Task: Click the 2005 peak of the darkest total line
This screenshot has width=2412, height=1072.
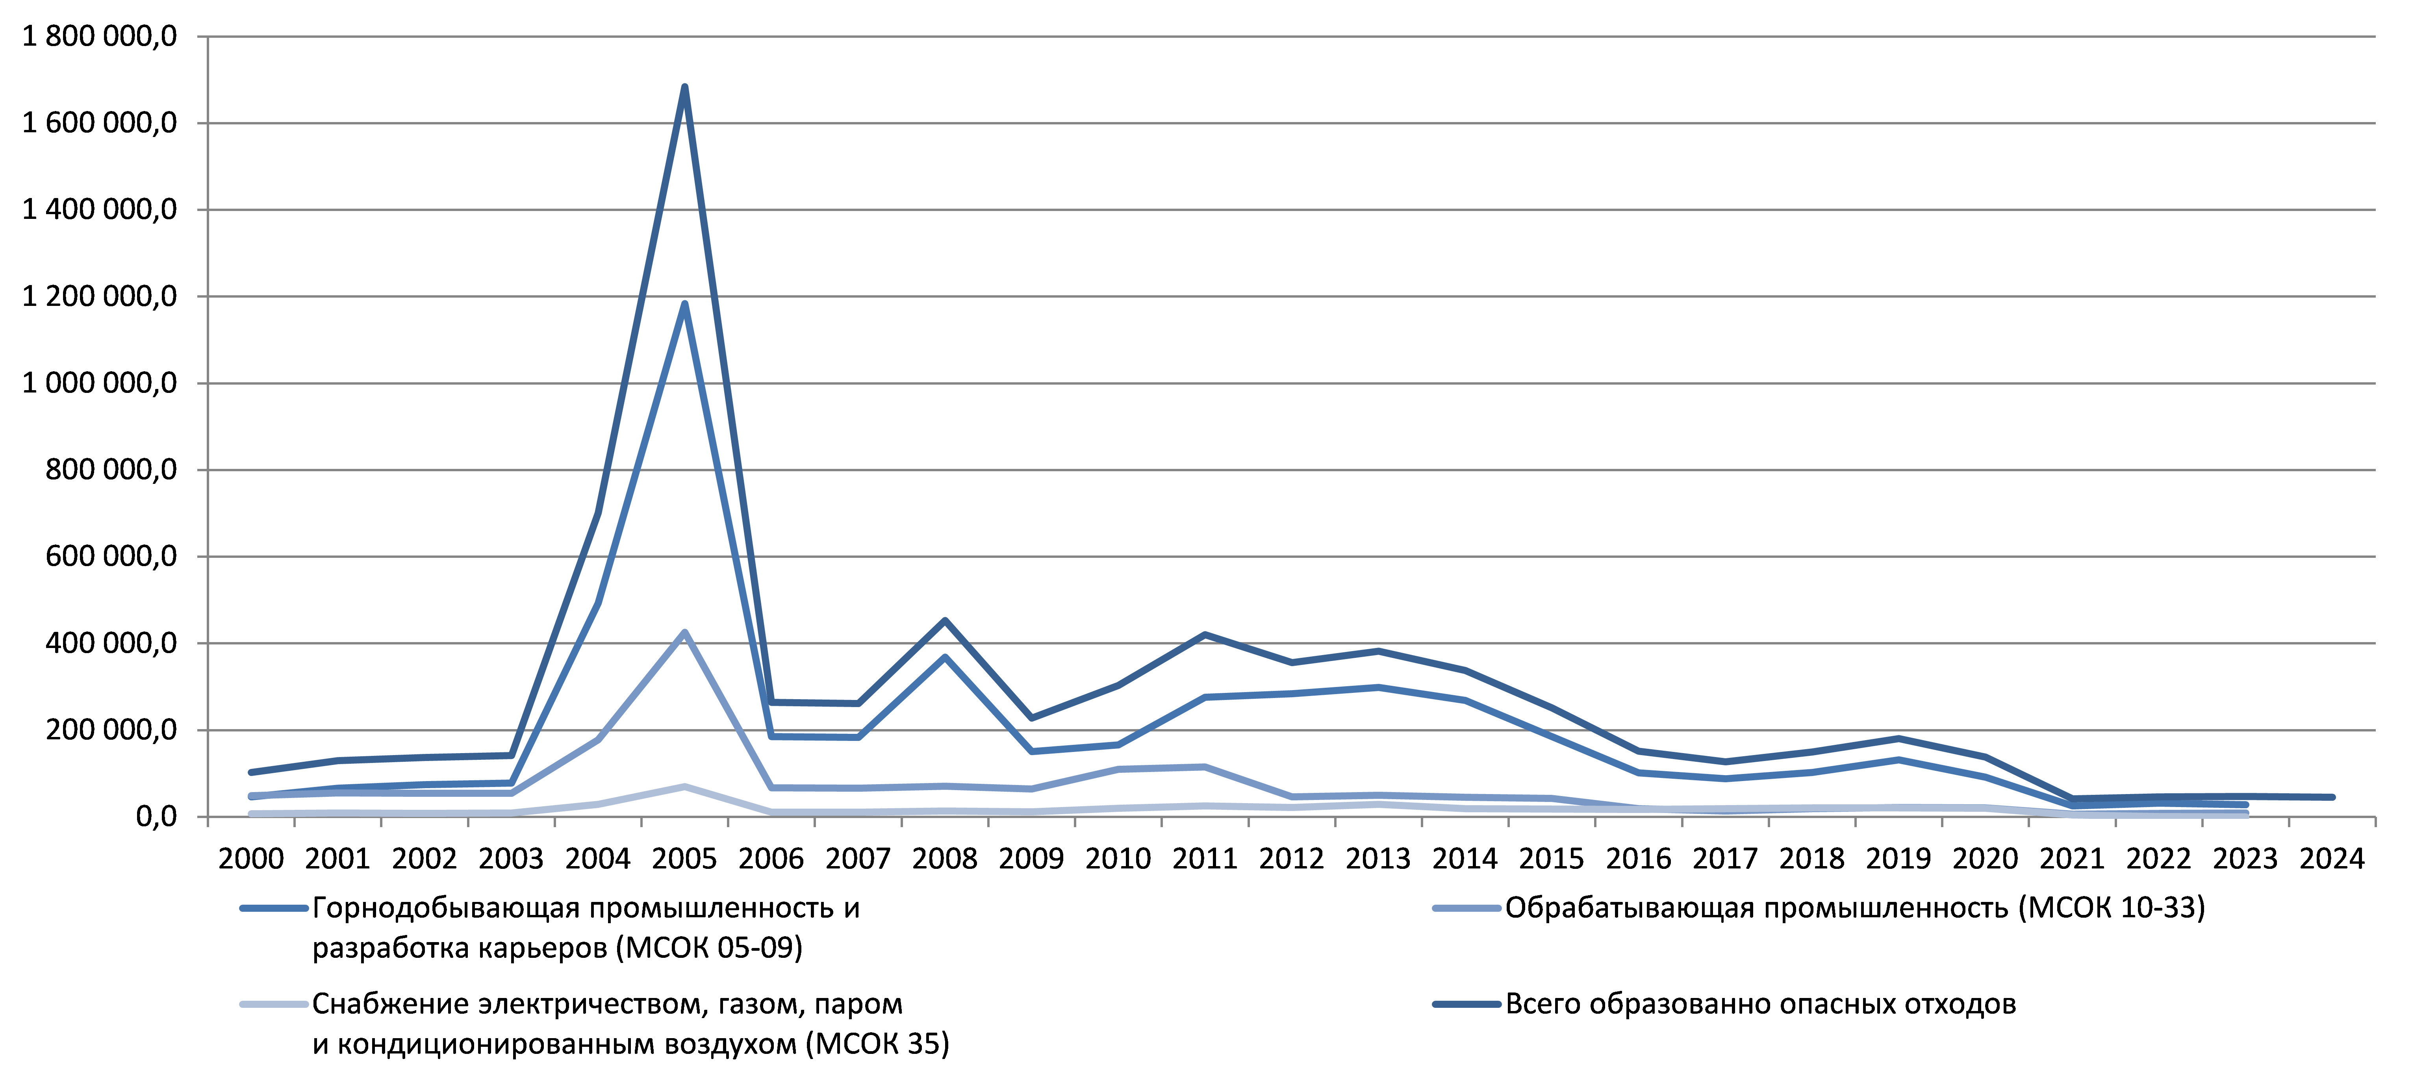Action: coord(684,87)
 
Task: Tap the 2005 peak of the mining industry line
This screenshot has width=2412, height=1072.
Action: coord(684,304)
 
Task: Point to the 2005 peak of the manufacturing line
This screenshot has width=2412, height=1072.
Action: coord(684,632)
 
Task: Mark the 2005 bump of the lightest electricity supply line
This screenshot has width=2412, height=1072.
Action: coord(684,787)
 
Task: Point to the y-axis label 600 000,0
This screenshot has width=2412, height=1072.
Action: coord(111,556)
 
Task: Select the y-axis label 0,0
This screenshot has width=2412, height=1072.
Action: coord(156,816)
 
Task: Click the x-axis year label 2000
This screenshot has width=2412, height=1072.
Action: coord(251,859)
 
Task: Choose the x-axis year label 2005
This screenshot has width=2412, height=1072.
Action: coord(684,859)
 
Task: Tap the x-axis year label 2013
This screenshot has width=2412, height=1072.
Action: coord(1378,859)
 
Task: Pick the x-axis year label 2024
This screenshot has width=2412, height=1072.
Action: coord(2332,859)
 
